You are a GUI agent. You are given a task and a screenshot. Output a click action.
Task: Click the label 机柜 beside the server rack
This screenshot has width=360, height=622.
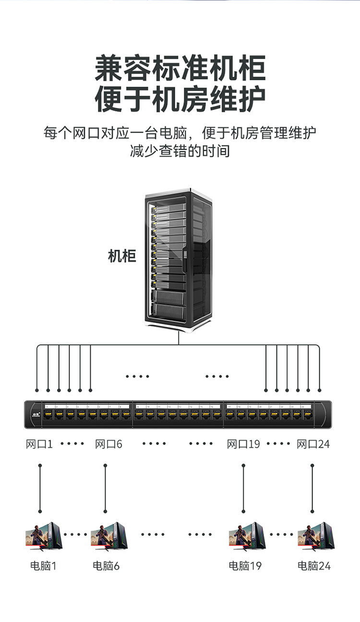coord(122,256)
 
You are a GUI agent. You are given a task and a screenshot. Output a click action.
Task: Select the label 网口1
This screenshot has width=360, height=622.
coord(39,444)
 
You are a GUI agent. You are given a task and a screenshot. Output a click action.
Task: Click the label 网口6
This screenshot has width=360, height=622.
coord(109,444)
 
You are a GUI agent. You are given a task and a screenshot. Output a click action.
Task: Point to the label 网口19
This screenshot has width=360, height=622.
coord(243,444)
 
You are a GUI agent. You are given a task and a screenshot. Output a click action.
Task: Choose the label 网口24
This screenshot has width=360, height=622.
coord(313,444)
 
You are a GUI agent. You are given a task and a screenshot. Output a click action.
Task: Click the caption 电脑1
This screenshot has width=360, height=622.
coord(43,566)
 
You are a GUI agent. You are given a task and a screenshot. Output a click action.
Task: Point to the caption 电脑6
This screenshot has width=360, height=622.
coord(106,566)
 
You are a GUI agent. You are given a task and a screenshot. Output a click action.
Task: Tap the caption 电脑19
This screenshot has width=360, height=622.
coord(245,566)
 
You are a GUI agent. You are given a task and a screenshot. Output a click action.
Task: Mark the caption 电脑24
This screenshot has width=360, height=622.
coord(314,566)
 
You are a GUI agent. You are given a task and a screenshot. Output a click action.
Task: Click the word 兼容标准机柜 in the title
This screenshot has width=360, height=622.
coord(180,69)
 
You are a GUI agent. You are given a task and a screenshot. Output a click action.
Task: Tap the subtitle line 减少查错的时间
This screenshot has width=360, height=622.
coord(180,151)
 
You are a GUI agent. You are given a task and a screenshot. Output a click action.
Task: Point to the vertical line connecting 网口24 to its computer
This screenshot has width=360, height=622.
coord(312,488)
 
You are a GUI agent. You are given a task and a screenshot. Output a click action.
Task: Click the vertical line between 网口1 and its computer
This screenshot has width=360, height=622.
coord(40,488)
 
